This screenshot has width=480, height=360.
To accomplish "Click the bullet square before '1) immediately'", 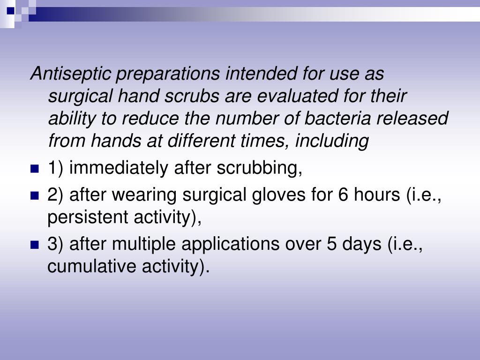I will click(34, 169).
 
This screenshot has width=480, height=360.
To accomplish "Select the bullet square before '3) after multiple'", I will click(34, 245).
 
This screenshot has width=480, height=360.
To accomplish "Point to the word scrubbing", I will click(259, 168).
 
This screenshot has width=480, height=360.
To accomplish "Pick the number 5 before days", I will click(332, 244).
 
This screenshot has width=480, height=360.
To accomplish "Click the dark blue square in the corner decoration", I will click(10, 11).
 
